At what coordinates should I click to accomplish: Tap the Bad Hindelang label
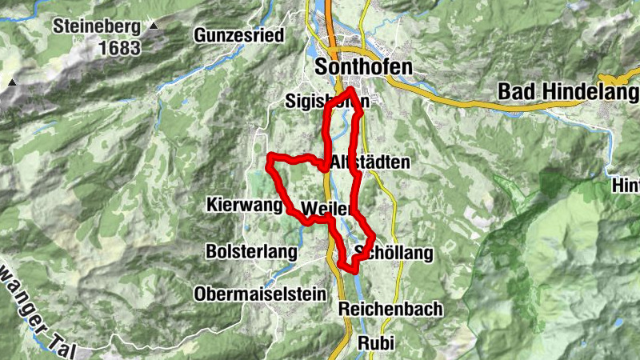[x=559, y=91]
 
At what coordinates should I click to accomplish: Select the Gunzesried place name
[x=240, y=35]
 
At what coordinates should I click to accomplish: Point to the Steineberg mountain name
[x=97, y=26]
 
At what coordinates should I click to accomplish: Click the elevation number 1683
[x=120, y=48]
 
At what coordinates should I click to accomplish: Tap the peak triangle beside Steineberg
[x=154, y=26]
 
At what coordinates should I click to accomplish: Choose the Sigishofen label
[x=327, y=102]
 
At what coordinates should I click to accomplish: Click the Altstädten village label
[x=370, y=162]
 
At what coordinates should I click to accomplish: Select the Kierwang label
[x=244, y=204]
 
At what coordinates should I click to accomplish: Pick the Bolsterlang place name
[x=250, y=251]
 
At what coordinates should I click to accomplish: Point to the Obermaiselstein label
[x=260, y=294]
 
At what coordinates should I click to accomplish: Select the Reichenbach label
[x=390, y=310]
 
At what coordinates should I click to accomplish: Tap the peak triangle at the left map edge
[x=12, y=82]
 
